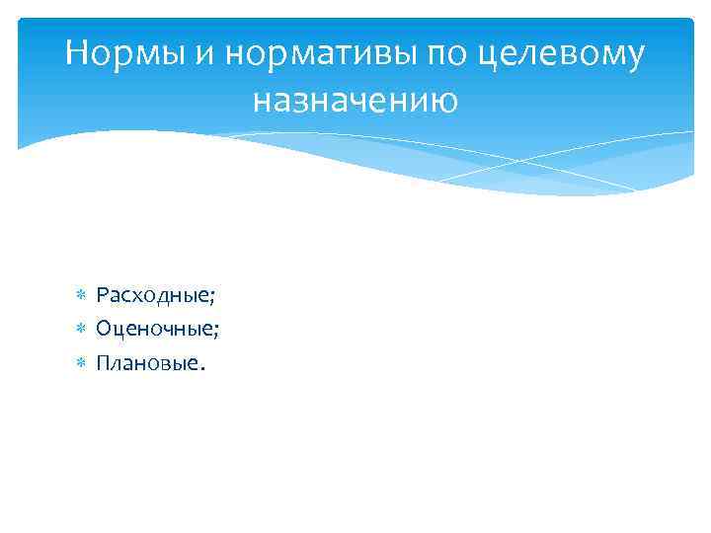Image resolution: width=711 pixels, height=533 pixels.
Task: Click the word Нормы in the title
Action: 125,53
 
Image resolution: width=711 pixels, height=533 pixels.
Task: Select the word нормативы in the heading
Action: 321,54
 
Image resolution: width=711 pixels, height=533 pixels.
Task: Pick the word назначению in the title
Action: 355,99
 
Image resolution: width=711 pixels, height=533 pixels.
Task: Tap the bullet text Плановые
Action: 147,363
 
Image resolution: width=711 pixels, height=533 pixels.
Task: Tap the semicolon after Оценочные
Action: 215,332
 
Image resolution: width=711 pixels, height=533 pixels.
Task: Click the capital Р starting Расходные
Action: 102,295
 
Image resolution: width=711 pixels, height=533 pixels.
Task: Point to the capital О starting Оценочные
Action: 103,329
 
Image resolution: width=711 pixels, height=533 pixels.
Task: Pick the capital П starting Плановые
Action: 103,362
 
